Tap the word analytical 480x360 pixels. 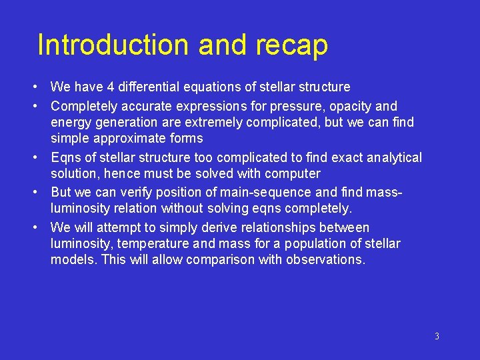coord(389,157)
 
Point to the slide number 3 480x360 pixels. coord(437,336)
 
